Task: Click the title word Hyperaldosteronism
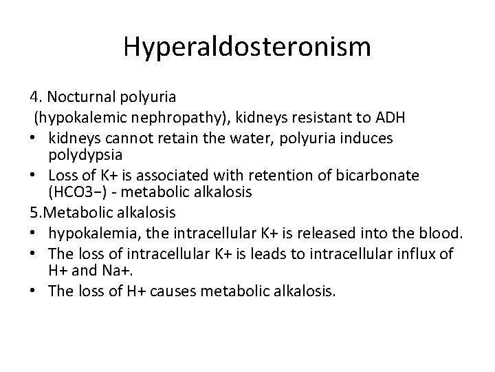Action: pyautogui.click(x=247, y=48)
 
